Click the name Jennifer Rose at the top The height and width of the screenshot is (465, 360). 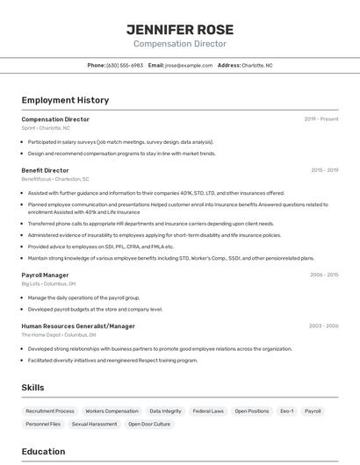[x=179, y=29]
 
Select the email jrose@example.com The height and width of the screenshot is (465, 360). [x=189, y=65]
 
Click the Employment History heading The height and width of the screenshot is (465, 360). [x=65, y=100]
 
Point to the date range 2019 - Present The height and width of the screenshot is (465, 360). [x=320, y=119]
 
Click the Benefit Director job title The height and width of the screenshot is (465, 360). [x=45, y=170]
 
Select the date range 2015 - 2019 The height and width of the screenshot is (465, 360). [x=324, y=170]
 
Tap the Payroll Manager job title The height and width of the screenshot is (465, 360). [x=45, y=275]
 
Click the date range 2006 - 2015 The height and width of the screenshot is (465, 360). [x=323, y=275]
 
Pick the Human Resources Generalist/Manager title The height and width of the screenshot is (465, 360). [x=78, y=325]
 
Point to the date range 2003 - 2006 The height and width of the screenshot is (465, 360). [x=323, y=325]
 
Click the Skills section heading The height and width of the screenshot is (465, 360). [x=32, y=387]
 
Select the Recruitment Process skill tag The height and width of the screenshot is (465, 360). [x=50, y=411]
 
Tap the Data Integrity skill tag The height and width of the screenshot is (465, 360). [x=165, y=411]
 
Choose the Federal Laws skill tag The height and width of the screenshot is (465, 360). [x=208, y=411]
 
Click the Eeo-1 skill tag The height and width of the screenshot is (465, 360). [x=286, y=411]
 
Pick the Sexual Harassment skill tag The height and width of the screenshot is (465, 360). [x=94, y=424]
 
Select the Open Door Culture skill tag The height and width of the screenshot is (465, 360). [x=149, y=424]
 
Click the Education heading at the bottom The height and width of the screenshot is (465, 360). [x=43, y=452]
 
